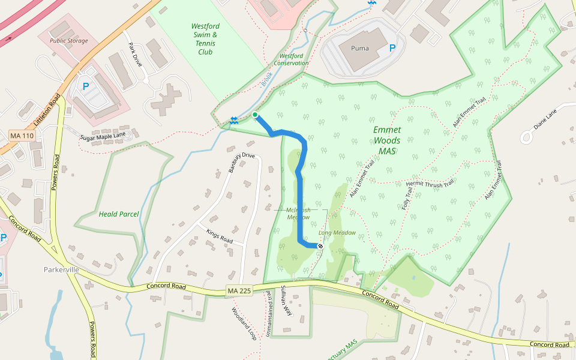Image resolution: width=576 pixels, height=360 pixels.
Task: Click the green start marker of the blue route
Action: tap(255, 115)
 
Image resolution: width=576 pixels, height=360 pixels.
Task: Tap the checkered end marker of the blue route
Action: tap(320, 245)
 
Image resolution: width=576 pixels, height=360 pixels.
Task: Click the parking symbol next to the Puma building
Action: tap(392, 48)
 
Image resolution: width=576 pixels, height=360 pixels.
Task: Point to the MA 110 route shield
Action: tap(22, 136)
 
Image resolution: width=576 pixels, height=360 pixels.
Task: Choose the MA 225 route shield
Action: tap(239, 291)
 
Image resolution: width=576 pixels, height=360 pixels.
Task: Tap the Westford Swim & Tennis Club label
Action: tap(206, 38)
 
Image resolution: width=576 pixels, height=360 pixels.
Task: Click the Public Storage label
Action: tap(68, 41)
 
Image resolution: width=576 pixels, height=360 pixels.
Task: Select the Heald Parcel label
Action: tap(119, 214)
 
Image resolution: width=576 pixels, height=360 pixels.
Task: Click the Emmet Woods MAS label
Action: tap(387, 140)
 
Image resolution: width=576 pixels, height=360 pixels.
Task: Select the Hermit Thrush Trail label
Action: tap(430, 184)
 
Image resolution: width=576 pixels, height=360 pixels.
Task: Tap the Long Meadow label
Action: tap(337, 233)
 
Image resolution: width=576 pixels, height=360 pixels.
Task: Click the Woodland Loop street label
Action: tap(244, 324)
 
